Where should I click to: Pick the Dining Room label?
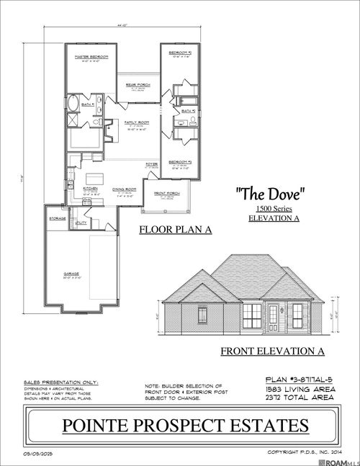coord(124,189)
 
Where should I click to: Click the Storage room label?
coord(58,218)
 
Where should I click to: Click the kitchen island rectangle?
coord(96,177)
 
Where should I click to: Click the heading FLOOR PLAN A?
coord(171,230)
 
